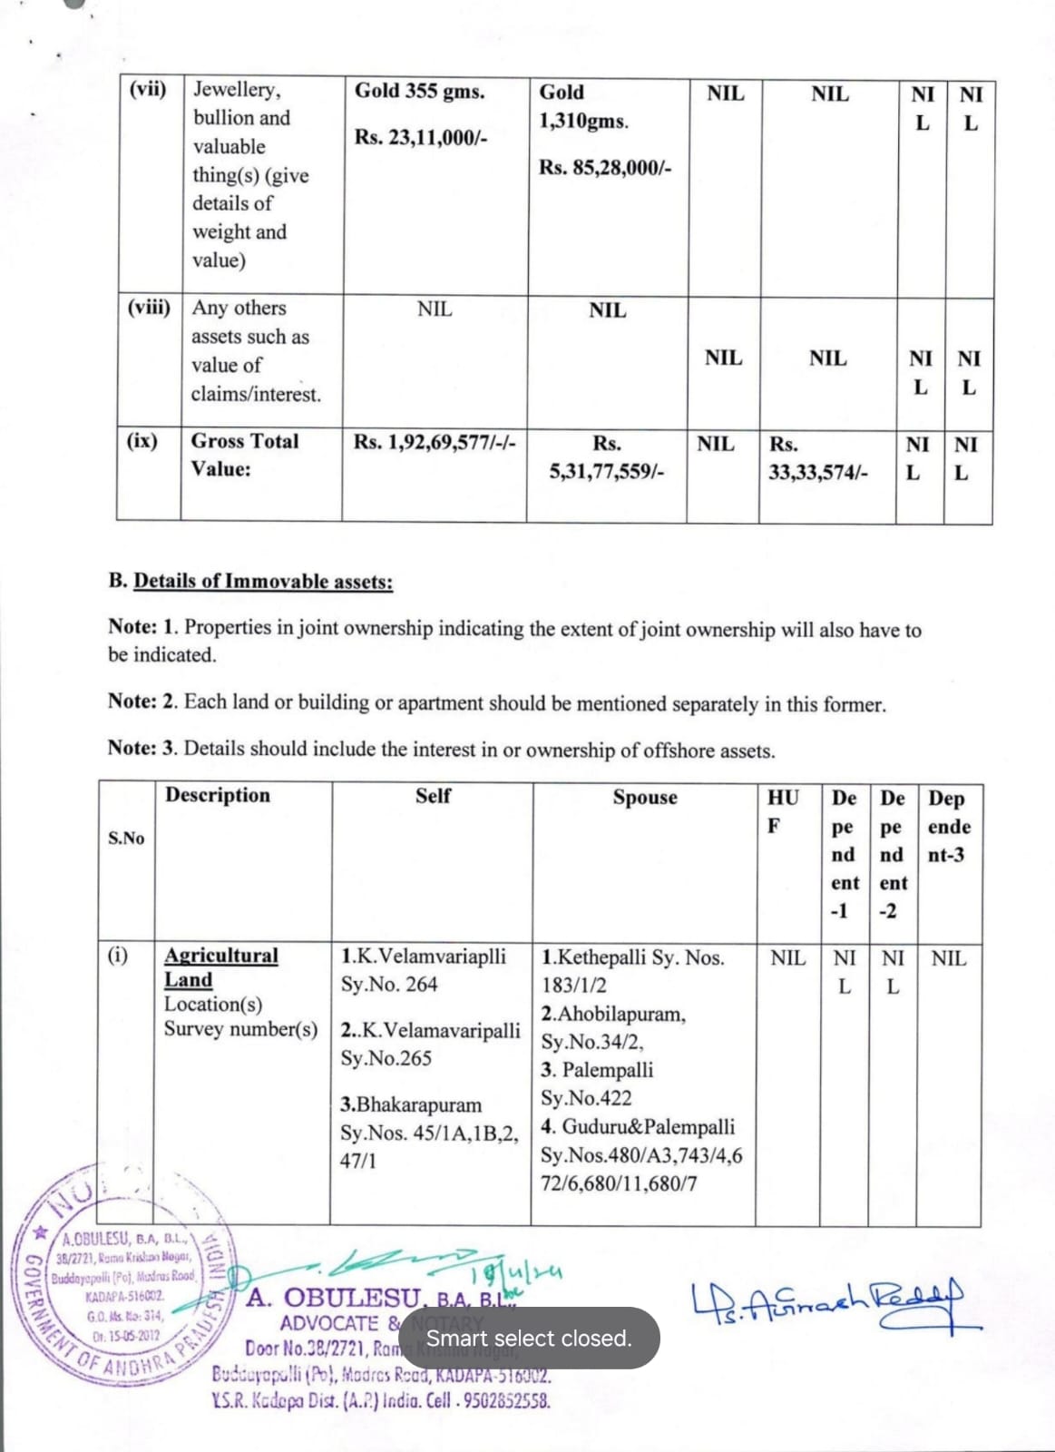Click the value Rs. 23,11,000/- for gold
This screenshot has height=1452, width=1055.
coord(421,138)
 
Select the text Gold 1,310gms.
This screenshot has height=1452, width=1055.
coord(583,106)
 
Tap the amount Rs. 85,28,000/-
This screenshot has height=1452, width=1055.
coord(605,168)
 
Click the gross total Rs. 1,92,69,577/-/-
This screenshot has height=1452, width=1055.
coord(435,443)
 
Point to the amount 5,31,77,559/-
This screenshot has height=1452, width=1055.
coord(607,472)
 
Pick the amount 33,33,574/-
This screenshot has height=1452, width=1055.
coord(817,473)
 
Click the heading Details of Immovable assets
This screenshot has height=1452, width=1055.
coord(263,582)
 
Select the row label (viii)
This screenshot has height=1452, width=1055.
coord(149,307)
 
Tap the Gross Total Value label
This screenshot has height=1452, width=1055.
coord(244,455)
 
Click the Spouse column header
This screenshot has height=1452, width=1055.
coord(644,798)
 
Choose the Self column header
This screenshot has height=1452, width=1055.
coord(433,796)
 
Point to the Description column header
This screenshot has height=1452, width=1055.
coord(218,795)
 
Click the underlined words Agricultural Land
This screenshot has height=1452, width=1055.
coord(220,967)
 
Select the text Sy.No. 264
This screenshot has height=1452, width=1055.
coord(389,985)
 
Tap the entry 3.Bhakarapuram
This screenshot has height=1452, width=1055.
coord(411,1105)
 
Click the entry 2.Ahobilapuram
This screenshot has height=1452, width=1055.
coord(613,1014)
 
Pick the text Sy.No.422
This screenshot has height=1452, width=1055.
coord(586,1098)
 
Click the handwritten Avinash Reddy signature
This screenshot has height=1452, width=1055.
coord(825,1304)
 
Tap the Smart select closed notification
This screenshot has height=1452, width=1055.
coord(529,1339)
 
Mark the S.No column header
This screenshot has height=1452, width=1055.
coord(126,838)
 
